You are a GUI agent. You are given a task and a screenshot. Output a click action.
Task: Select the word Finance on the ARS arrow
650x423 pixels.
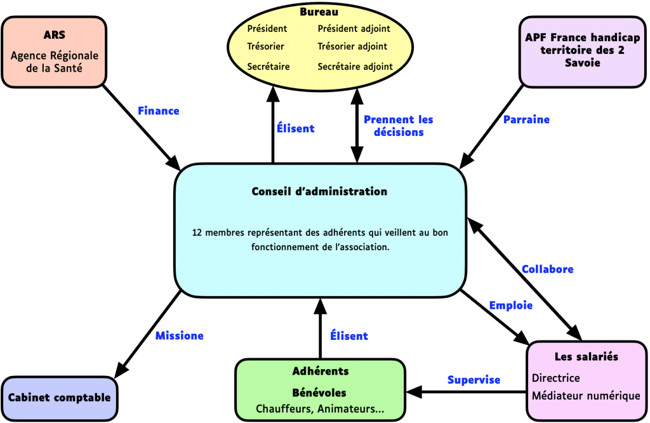pyautogui.click(x=159, y=111)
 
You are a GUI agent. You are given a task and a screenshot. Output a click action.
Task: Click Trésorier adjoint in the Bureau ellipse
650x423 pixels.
pyautogui.click(x=352, y=46)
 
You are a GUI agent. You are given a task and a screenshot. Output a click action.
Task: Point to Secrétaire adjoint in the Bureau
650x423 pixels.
pyautogui.click(x=355, y=66)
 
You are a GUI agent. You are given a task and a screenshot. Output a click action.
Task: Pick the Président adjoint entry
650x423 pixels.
pyautogui.click(x=354, y=29)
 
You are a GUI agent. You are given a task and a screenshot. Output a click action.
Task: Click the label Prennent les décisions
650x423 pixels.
pyautogui.click(x=398, y=126)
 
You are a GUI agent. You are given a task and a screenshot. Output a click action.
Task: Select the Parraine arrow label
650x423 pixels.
pyautogui.click(x=526, y=119)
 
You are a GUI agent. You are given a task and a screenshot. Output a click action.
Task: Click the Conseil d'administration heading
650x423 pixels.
pyautogui.click(x=319, y=191)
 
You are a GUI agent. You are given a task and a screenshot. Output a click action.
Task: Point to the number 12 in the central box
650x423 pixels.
pyautogui.click(x=197, y=233)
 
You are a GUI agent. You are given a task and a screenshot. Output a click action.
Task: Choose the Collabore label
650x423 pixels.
pyautogui.click(x=547, y=269)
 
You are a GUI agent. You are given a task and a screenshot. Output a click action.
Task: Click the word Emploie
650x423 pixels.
pyautogui.click(x=510, y=305)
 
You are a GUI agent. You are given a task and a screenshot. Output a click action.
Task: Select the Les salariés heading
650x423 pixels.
pyautogui.click(x=586, y=356)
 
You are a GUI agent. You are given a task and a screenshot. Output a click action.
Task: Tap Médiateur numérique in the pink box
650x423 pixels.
pyautogui.click(x=586, y=396)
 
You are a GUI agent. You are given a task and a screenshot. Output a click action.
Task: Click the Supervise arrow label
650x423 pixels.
pyautogui.click(x=474, y=380)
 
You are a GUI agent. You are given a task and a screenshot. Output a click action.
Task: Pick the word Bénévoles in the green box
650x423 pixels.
pyautogui.click(x=319, y=393)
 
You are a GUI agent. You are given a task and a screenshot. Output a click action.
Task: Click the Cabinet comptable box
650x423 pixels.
pyautogui.click(x=60, y=398)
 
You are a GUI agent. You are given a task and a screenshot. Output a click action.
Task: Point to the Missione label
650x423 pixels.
pyautogui.click(x=180, y=335)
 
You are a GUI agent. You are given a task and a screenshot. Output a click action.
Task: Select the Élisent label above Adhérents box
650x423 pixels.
pyautogui.click(x=348, y=336)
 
